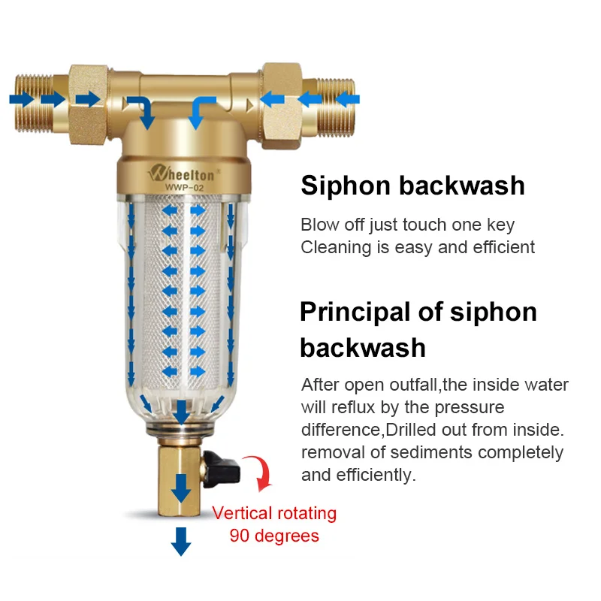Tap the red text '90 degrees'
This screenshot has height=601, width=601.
(x=274, y=536)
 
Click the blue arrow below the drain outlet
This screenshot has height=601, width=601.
(x=180, y=541)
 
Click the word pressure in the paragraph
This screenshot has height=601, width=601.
(x=466, y=408)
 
